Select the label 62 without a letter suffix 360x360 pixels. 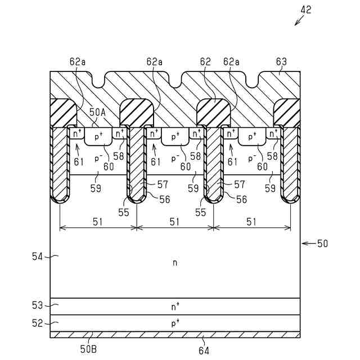coord(206,61)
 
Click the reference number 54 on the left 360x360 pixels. coord(37,256)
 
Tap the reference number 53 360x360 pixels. coord(37,306)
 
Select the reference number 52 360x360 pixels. coord(37,322)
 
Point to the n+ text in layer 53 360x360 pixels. coord(175,307)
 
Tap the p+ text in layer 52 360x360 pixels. coord(175,323)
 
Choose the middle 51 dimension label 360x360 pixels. coord(174,222)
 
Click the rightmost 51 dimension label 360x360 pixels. coord(251,222)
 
